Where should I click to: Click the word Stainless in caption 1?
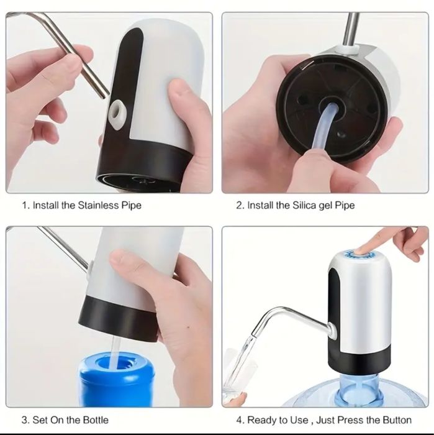(101, 204)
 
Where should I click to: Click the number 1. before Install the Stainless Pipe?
(25, 204)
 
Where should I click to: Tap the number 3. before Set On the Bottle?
(25, 420)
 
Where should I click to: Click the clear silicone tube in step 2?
(323, 131)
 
